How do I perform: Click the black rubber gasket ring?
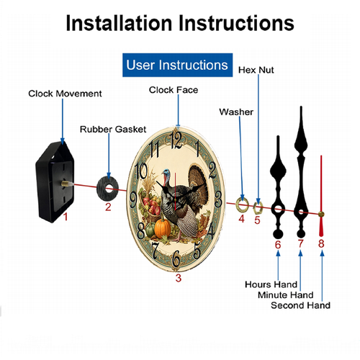click(102, 189)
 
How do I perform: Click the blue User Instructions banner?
click(177, 65)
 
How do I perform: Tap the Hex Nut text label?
click(256, 70)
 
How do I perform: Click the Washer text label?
click(236, 112)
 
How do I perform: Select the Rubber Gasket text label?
click(113, 130)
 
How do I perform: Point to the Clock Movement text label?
click(65, 94)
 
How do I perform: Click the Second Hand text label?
click(300, 305)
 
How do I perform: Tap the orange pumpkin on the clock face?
click(163, 228)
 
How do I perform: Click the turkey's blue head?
click(166, 174)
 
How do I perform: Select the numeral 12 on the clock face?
click(176, 140)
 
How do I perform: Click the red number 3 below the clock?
click(179, 278)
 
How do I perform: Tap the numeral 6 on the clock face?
click(176, 258)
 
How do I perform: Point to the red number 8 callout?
click(321, 243)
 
